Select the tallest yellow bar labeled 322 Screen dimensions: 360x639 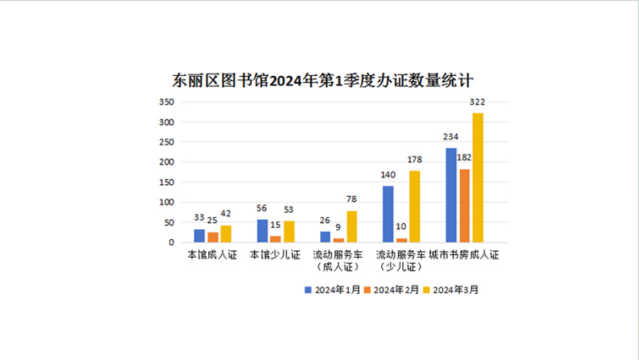click(477, 177)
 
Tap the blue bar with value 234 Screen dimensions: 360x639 click(451, 195)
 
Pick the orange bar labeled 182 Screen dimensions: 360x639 click(465, 205)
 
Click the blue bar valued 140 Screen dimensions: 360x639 click(388, 213)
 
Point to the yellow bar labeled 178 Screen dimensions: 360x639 click(414, 206)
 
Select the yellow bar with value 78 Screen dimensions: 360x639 click(352, 226)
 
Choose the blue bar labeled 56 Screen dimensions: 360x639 click(262, 231)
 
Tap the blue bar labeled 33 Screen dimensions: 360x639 click(199, 235)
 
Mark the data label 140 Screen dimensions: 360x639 click(388, 175)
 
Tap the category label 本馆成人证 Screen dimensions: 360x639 click(212, 256)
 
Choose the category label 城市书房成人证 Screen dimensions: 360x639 click(464, 256)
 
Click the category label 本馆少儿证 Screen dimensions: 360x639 click(275, 256)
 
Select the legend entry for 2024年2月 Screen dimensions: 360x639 click(392, 289)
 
